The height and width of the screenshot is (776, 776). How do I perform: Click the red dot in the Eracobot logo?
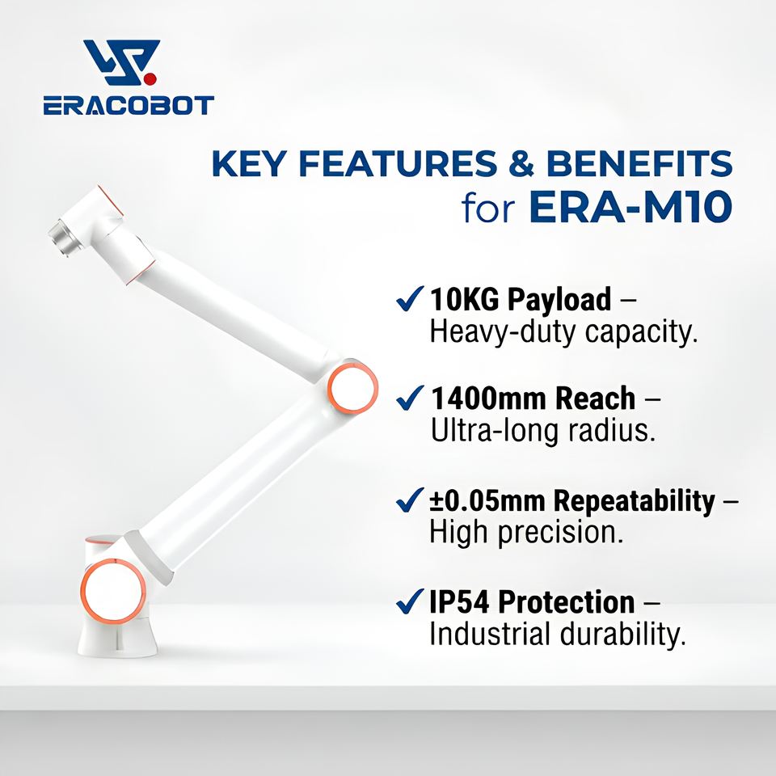click(x=150, y=78)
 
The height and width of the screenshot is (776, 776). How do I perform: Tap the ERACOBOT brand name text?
click(x=129, y=105)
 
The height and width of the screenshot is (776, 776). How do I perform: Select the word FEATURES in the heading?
click(x=398, y=163)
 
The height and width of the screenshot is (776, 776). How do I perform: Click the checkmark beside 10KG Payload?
click(x=410, y=298)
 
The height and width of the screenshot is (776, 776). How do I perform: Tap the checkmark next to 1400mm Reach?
click(x=410, y=398)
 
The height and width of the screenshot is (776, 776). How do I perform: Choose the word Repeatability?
click(x=634, y=501)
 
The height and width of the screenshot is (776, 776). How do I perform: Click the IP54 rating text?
click(x=459, y=601)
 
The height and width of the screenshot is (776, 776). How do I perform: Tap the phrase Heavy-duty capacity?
click(x=563, y=332)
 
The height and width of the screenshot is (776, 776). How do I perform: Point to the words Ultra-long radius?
click(x=543, y=430)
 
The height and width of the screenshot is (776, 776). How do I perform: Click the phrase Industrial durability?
click(x=558, y=634)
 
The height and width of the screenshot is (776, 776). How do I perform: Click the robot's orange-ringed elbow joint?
click(x=352, y=388)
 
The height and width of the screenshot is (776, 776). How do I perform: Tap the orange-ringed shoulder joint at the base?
click(x=113, y=591)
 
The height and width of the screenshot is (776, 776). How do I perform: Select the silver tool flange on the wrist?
click(x=62, y=237)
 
